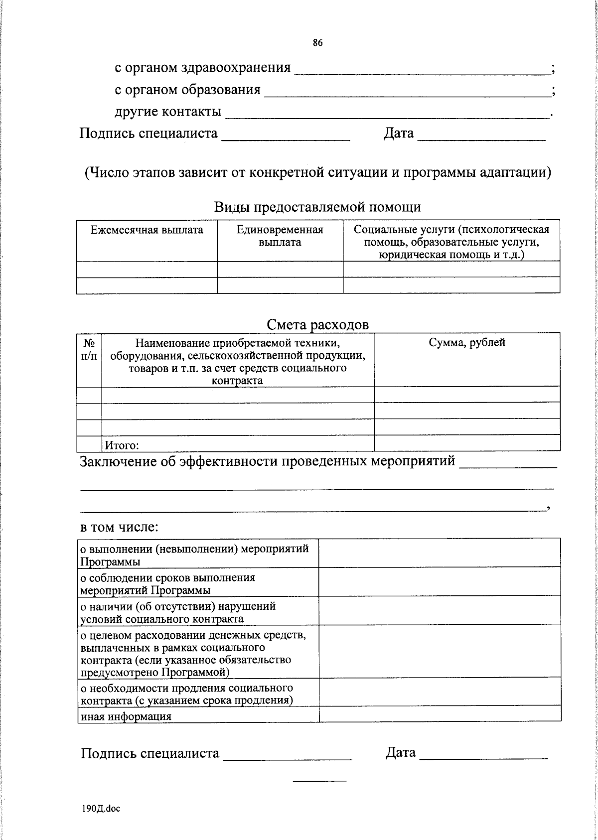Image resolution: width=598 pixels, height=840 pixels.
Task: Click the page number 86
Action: [x=317, y=43]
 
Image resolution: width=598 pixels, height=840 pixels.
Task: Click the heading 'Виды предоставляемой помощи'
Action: [x=317, y=207]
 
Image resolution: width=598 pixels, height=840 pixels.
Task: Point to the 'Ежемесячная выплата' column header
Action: [x=147, y=230]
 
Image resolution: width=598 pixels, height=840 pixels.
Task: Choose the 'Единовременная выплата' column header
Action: [x=280, y=236]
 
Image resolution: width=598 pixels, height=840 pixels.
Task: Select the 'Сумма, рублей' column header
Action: [x=467, y=343]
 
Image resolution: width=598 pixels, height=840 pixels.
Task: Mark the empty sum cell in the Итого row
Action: [x=467, y=443]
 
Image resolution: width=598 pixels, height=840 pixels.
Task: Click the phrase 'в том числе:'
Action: [x=120, y=527]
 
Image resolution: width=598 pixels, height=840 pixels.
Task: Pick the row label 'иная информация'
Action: [x=126, y=716]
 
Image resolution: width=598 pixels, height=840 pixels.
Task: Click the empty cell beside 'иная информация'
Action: [x=440, y=714]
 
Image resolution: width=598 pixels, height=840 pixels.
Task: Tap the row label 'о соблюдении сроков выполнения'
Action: [x=168, y=578]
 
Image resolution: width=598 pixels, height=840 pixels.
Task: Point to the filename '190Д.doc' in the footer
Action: [x=101, y=809]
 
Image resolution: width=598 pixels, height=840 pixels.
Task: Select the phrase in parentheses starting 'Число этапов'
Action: [x=317, y=172]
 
